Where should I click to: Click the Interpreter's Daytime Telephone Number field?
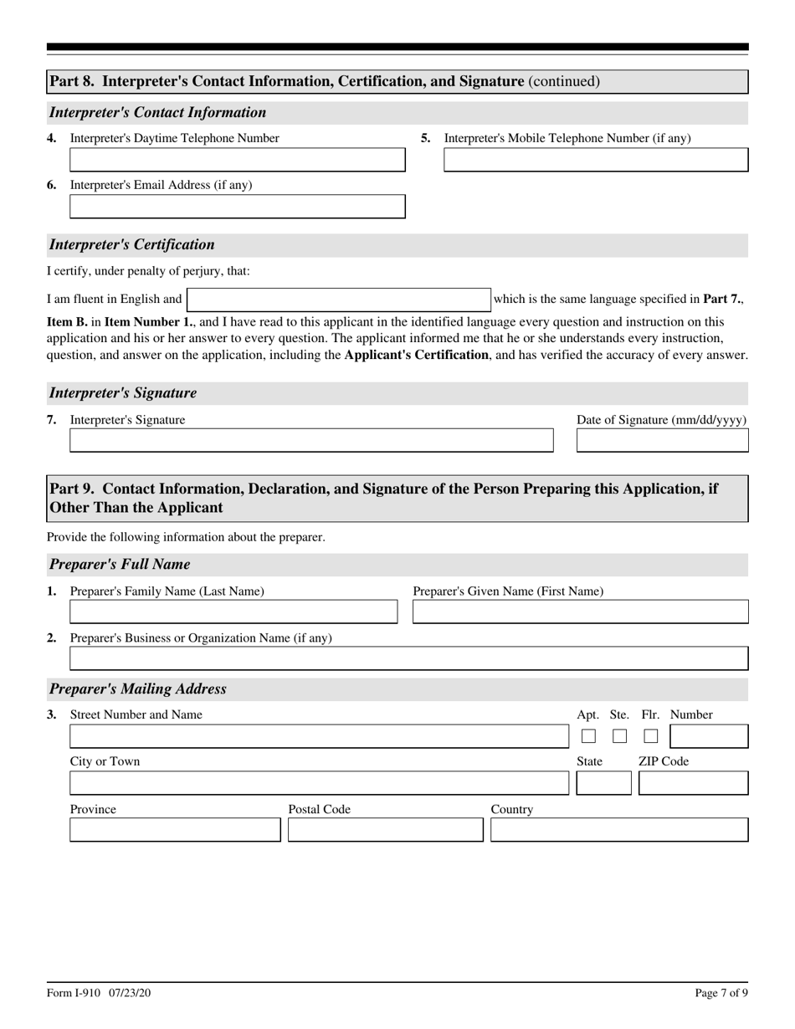tap(237, 160)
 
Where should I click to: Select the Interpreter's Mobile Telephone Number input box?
tap(595, 160)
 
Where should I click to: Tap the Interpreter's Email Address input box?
tap(237, 207)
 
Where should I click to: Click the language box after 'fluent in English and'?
tap(338, 299)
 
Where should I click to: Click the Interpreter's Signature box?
tap(310, 441)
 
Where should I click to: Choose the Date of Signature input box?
tap(662, 441)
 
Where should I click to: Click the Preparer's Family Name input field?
tap(233, 612)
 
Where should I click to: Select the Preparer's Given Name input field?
tap(580, 612)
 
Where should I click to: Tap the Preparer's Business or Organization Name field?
tap(408, 658)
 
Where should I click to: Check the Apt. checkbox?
tap(588, 736)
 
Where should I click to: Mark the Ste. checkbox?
tap(619, 736)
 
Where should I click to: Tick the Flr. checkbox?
tap(650, 736)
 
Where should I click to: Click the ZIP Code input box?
tap(693, 783)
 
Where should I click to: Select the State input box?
tap(603, 783)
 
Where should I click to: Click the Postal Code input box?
tap(385, 830)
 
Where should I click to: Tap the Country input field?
tap(618, 830)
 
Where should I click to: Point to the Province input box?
tap(174, 830)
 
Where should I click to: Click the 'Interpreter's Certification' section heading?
tap(132, 245)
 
